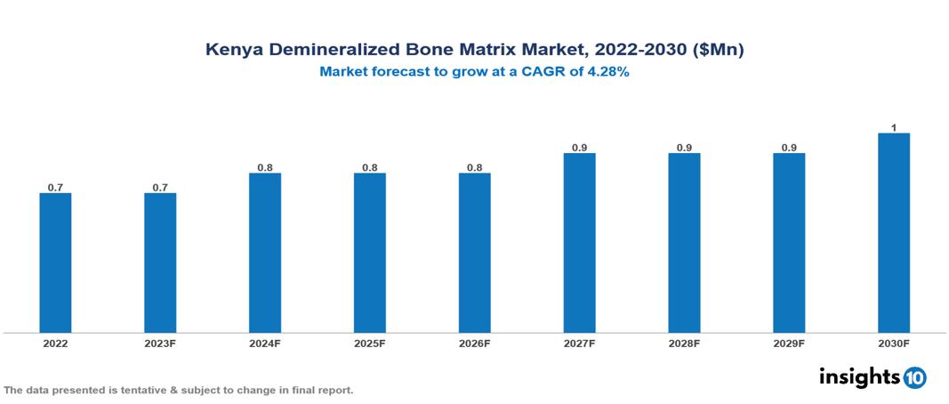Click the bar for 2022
pyautogui.click(x=55, y=263)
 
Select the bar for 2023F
pyautogui.click(x=160, y=263)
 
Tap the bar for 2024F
pyautogui.click(x=265, y=253)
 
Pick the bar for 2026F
pyautogui.click(x=475, y=253)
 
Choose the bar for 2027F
pyautogui.click(x=579, y=243)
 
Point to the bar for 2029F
pyautogui.click(x=789, y=243)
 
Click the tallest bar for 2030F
pyautogui.click(x=894, y=233)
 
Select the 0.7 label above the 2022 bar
pyautogui.click(x=55, y=187)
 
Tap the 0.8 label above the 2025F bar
pyautogui.click(x=370, y=167)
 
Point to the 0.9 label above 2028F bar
pyautogui.click(x=684, y=148)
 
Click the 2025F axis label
pyautogui.click(x=370, y=343)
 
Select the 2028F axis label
pyautogui.click(x=684, y=343)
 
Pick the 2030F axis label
pyautogui.click(x=894, y=343)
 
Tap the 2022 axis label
pyautogui.click(x=55, y=343)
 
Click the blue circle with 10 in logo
pyautogui.click(x=915, y=377)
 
